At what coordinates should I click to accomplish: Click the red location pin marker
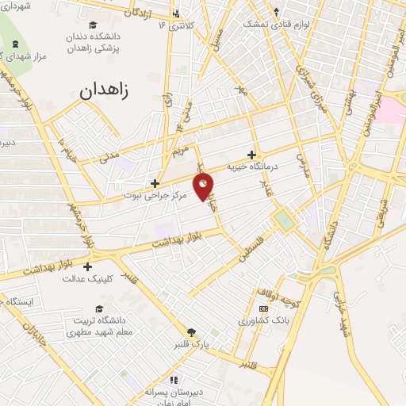click(x=204, y=187)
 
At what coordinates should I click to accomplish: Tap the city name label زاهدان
click(x=115, y=90)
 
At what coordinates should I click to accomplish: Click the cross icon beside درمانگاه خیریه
click(x=252, y=155)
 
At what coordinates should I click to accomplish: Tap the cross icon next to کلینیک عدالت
click(x=87, y=266)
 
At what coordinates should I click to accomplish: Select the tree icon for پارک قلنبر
click(x=190, y=333)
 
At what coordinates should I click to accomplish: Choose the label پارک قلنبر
click(x=190, y=346)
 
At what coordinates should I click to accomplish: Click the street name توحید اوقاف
click(x=277, y=296)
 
